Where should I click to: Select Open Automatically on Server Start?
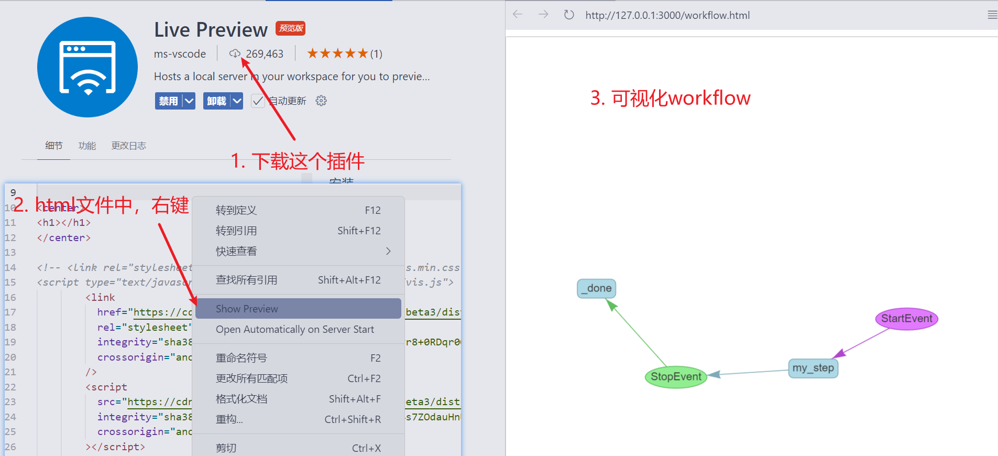(x=295, y=329)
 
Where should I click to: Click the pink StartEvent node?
(x=906, y=319)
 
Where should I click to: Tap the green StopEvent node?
(x=676, y=377)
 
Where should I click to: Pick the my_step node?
(x=813, y=368)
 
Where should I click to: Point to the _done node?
(x=597, y=288)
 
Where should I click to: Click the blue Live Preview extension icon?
(x=87, y=67)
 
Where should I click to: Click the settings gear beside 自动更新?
(x=321, y=101)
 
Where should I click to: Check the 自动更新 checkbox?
(x=258, y=101)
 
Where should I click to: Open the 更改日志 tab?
(x=128, y=146)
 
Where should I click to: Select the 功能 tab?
(x=87, y=146)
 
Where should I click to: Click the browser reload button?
(x=569, y=15)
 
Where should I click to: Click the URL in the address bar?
(x=667, y=15)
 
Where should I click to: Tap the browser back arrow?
(x=518, y=15)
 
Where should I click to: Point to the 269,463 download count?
(x=264, y=53)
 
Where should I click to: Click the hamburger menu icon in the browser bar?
(x=992, y=15)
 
